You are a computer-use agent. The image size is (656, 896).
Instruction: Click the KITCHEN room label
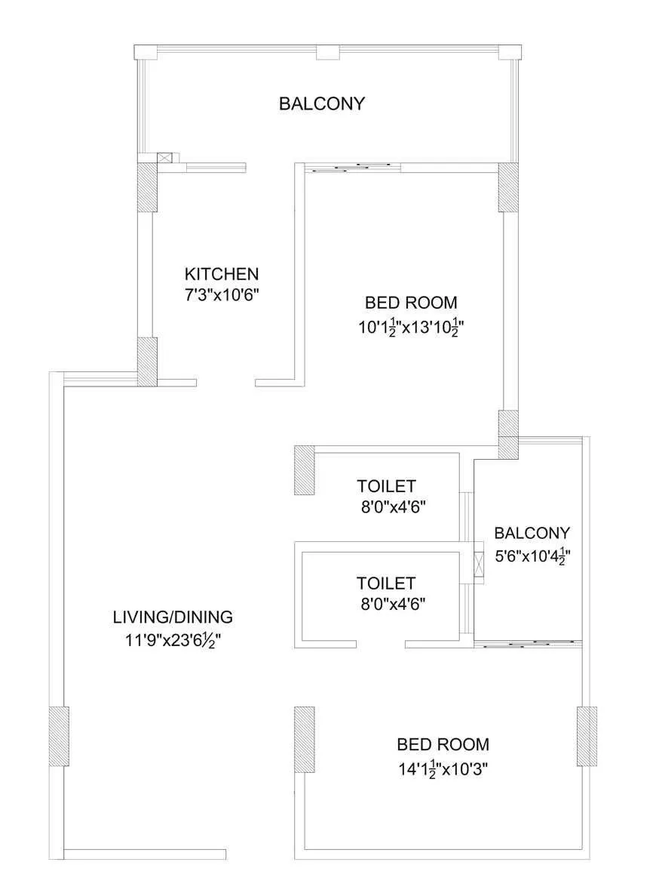pyautogui.click(x=222, y=273)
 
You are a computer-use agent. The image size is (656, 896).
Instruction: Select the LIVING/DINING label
pyautogui.click(x=173, y=616)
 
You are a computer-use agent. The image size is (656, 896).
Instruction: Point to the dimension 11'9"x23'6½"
pyautogui.click(x=173, y=640)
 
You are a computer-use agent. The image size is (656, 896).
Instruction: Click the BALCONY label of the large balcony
pyautogui.click(x=322, y=103)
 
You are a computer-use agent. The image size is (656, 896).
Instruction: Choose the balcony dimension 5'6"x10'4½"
pyautogui.click(x=532, y=557)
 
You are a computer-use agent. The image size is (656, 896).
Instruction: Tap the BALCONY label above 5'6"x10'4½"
pyautogui.click(x=532, y=533)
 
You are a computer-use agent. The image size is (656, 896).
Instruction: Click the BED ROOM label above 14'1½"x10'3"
pyautogui.click(x=443, y=744)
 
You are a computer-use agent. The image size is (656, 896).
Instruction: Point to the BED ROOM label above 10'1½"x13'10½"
pyautogui.click(x=411, y=303)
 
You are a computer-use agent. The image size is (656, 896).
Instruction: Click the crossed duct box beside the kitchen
pyautogui.click(x=165, y=158)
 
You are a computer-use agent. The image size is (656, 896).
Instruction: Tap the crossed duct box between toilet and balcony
pyautogui.click(x=479, y=565)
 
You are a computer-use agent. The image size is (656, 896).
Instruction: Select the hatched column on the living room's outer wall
pyautogui.click(x=59, y=737)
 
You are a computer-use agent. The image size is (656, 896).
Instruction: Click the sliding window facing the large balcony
pyautogui.click(x=353, y=168)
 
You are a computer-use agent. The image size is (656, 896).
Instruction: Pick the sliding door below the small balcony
pyautogui.click(x=528, y=644)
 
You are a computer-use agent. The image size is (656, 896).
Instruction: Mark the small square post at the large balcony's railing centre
pyautogui.click(x=326, y=52)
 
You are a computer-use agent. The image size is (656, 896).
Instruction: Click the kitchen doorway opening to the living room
pyautogui.click(x=225, y=383)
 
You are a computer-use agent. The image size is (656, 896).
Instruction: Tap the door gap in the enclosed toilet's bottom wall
pyautogui.click(x=382, y=644)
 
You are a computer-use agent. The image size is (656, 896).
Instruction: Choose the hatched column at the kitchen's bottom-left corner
pyautogui.click(x=147, y=362)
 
